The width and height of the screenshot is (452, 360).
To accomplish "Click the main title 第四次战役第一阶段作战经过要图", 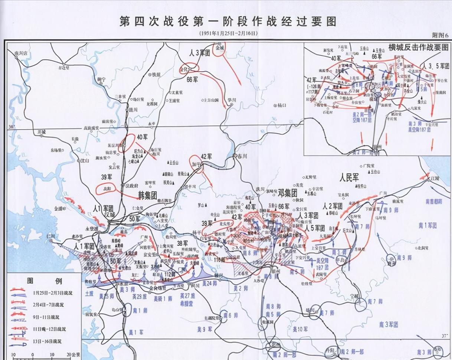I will tap(227, 21).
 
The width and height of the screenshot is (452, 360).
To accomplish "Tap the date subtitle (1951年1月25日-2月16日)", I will tap(227, 33).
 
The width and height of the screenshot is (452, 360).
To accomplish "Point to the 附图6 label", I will tap(440, 35).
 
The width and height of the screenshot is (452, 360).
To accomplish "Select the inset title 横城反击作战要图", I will tap(418, 48).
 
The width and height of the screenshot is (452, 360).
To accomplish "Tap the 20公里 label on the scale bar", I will tap(69, 355).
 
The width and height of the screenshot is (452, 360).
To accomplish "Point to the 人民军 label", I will tap(349, 177).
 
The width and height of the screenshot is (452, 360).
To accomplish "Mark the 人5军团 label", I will tap(314, 228).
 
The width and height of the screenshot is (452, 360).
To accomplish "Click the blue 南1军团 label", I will tap(426, 225).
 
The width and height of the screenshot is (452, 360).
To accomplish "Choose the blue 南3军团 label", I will tap(389, 324).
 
